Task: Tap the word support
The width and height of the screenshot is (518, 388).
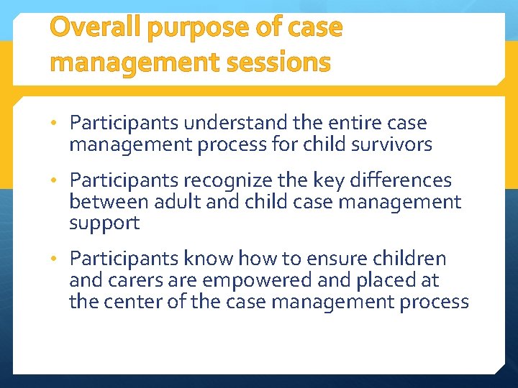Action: point(104,224)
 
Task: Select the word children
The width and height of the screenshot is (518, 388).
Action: point(413,259)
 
